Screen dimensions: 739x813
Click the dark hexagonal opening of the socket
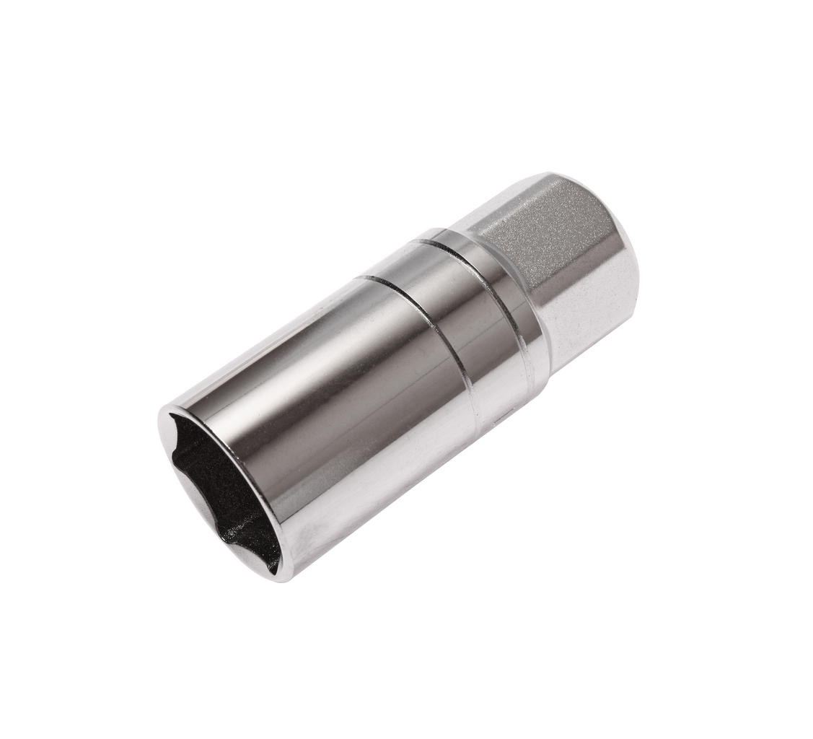(216, 491)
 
